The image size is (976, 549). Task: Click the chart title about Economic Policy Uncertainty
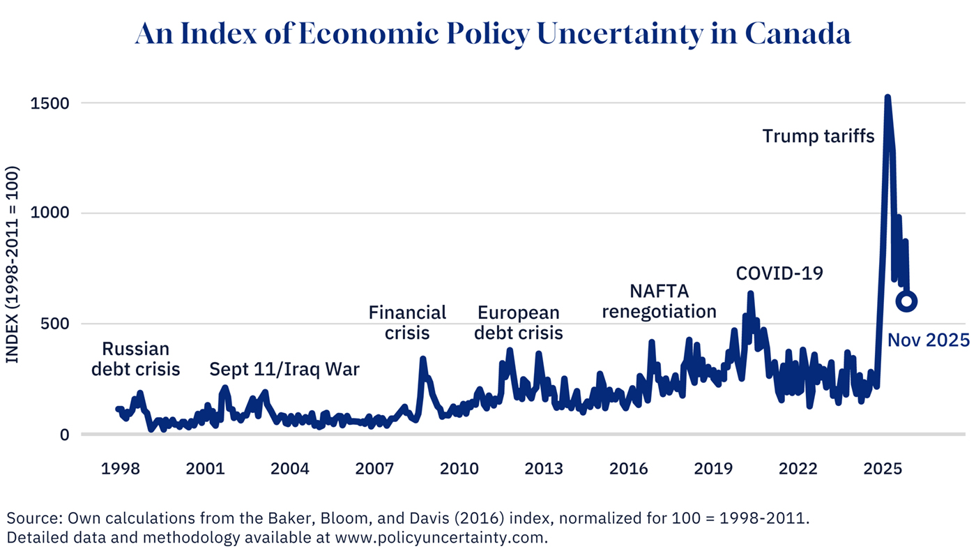pyautogui.click(x=493, y=33)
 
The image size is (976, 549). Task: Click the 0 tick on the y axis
pyautogui.click(x=64, y=434)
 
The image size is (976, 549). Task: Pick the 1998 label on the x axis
pyautogui.click(x=121, y=469)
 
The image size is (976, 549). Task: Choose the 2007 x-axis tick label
pyautogui.click(x=374, y=469)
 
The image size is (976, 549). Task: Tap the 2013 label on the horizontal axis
pyautogui.click(x=544, y=469)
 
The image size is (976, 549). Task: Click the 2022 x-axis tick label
pyautogui.click(x=798, y=469)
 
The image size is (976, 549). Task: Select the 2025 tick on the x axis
pyautogui.click(x=883, y=469)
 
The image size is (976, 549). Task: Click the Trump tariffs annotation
pyautogui.click(x=818, y=136)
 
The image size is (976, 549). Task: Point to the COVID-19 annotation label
pyautogui.click(x=779, y=273)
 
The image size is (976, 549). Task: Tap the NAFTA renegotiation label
pyautogui.click(x=659, y=301)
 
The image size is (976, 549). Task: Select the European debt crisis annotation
pyautogui.click(x=518, y=323)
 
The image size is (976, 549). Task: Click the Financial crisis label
pyautogui.click(x=407, y=322)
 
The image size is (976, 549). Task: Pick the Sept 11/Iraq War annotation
pyautogui.click(x=284, y=369)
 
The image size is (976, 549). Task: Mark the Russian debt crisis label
pyautogui.click(x=135, y=359)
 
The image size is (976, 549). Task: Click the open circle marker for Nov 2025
pyautogui.click(x=906, y=301)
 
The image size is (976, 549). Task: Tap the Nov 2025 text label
pyautogui.click(x=928, y=340)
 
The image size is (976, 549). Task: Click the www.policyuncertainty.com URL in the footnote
pyautogui.click(x=440, y=538)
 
